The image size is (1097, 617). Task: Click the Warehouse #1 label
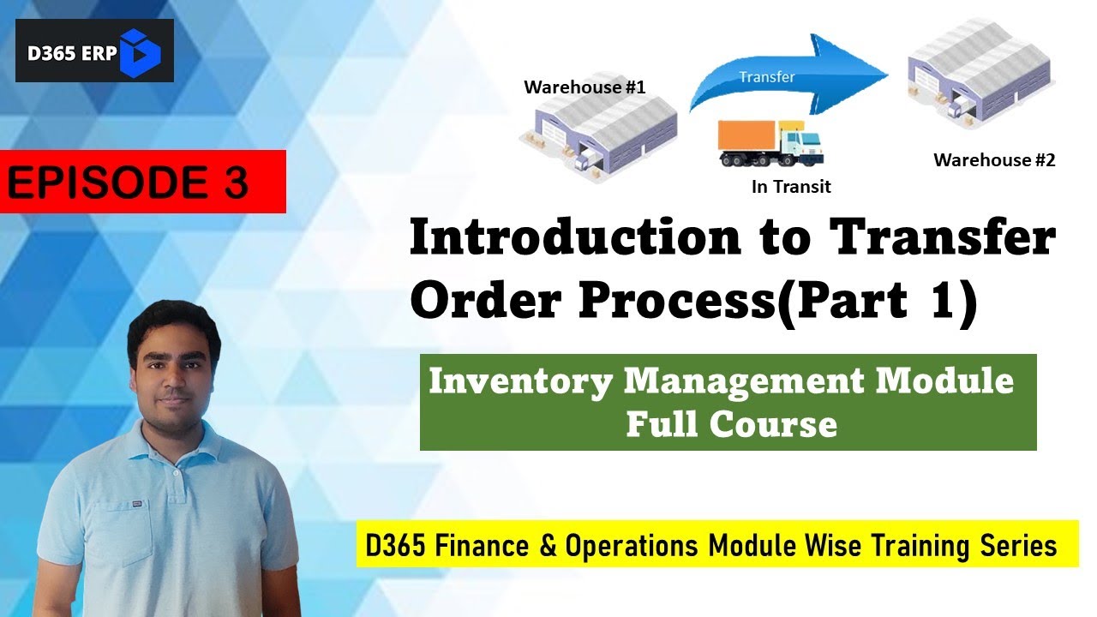click(x=584, y=87)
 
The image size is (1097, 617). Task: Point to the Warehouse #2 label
click(x=994, y=160)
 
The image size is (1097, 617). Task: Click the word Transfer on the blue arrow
click(x=767, y=77)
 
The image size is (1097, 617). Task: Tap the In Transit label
click(x=791, y=187)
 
